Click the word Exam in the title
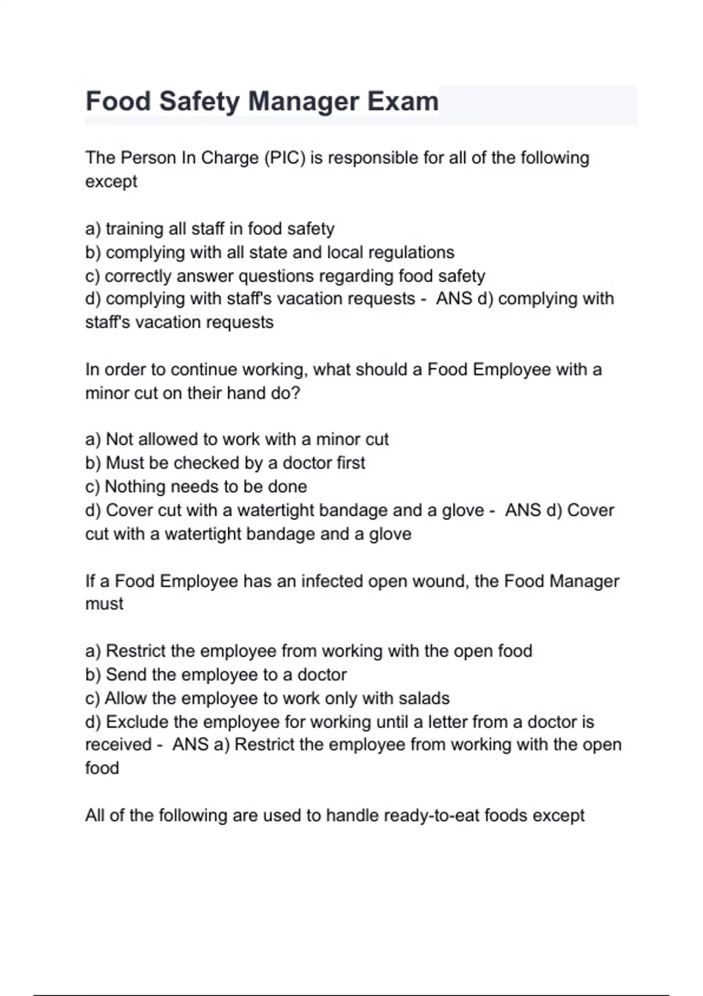pyautogui.click(x=402, y=101)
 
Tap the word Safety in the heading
pyautogui.click(x=199, y=101)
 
